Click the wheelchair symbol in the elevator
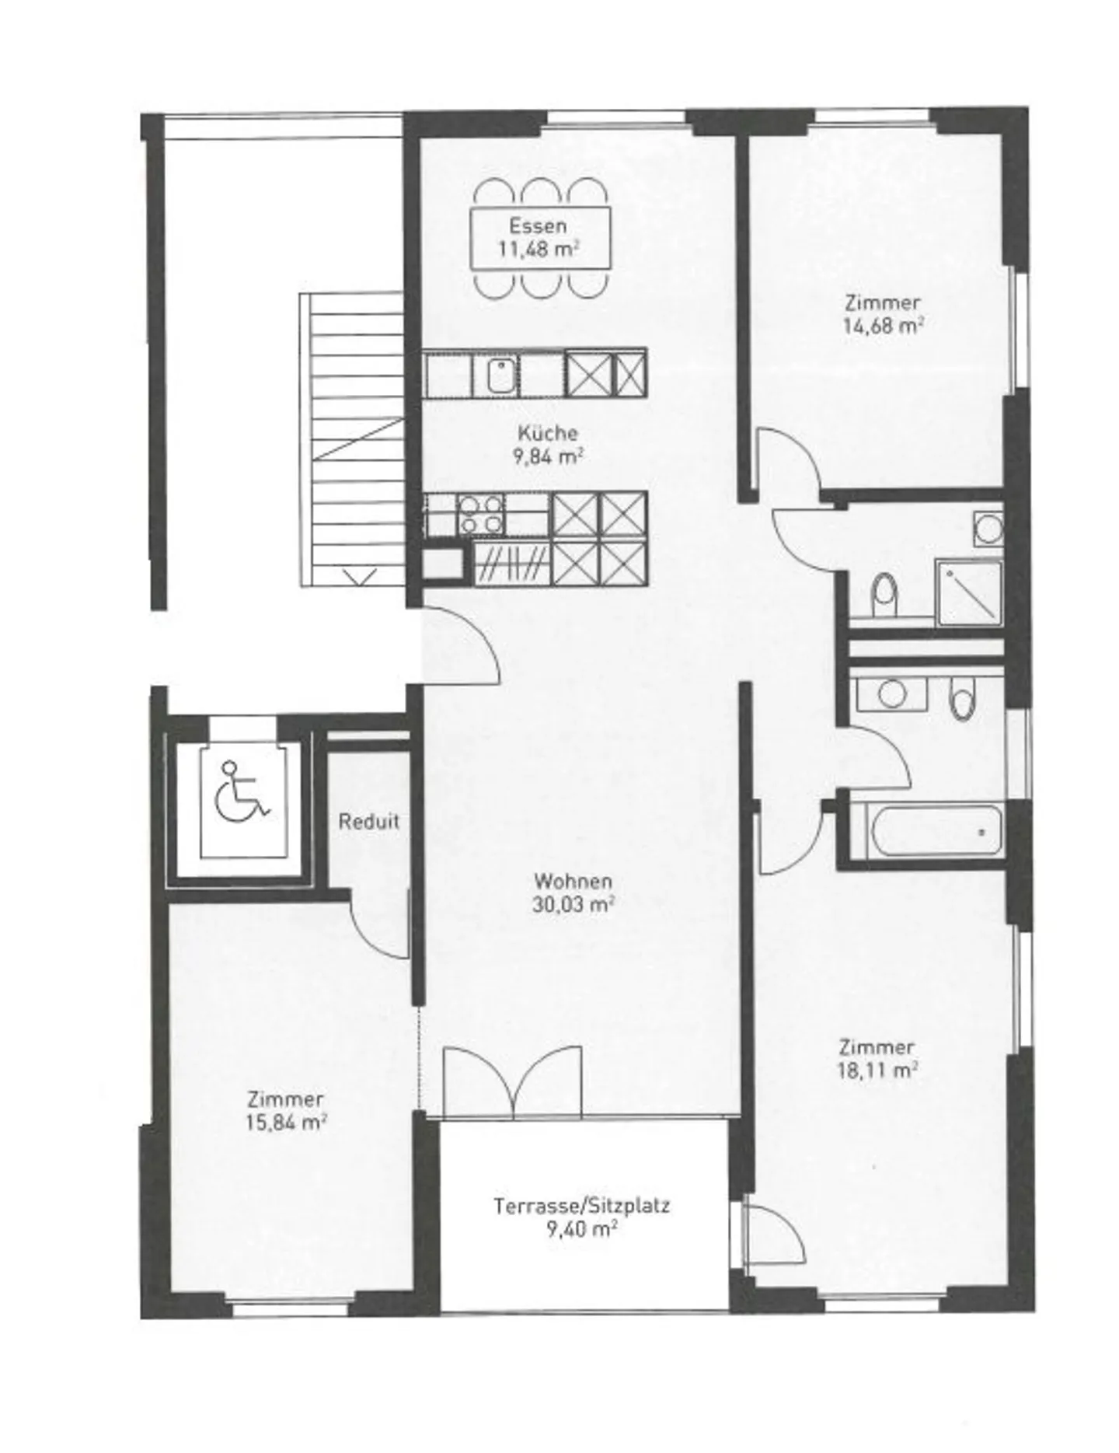[x=241, y=793]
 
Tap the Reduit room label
[x=369, y=822]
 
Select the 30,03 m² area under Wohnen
[x=573, y=904]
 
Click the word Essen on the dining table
[x=538, y=226]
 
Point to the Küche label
[x=548, y=433]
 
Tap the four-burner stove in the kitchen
[x=481, y=515]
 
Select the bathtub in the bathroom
[x=936, y=832]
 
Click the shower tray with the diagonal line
[x=969, y=592]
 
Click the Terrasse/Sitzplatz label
[x=581, y=1206]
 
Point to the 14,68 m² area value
[x=883, y=325]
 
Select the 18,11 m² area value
[x=877, y=1071]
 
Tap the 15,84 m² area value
[x=285, y=1123]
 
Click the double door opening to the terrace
[x=513, y=1082]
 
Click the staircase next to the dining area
[x=352, y=439]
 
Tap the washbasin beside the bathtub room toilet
[x=892, y=693]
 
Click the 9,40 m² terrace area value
[x=581, y=1230]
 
